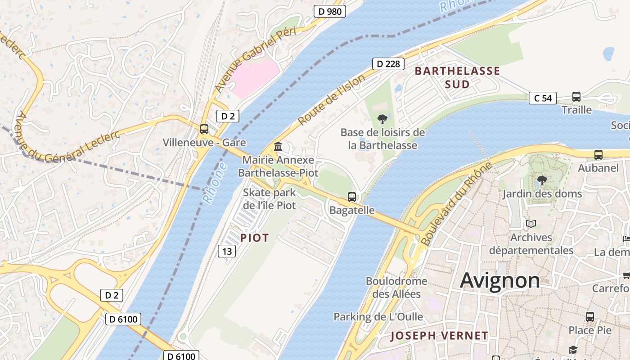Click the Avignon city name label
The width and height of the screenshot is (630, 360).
point(500,281)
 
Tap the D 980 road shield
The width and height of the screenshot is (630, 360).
point(329,11)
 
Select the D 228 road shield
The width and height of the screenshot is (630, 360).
point(388,64)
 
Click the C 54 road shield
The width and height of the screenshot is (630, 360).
point(542,98)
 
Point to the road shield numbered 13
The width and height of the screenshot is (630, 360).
point(227,251)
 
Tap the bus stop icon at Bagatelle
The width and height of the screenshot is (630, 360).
point(352,197)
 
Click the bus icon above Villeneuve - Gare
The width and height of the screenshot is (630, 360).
point(204,129)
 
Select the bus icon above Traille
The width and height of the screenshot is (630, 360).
point(576,96)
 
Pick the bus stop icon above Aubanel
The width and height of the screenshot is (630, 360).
point(598,155)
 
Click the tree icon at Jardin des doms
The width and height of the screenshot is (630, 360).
point(542,180)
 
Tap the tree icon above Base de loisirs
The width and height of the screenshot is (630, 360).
point(382,119)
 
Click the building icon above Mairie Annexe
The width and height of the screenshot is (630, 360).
point(278,147)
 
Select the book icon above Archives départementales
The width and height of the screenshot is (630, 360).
point(531,224)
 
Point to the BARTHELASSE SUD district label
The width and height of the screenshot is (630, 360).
point(457,77)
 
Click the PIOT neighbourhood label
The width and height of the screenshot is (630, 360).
point(254,238)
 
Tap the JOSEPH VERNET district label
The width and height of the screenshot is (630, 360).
point(439,336)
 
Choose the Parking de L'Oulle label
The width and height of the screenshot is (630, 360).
point(378,317)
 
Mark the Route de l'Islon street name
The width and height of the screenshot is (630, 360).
point(332,100)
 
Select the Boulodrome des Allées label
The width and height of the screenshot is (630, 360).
point(396,288)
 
